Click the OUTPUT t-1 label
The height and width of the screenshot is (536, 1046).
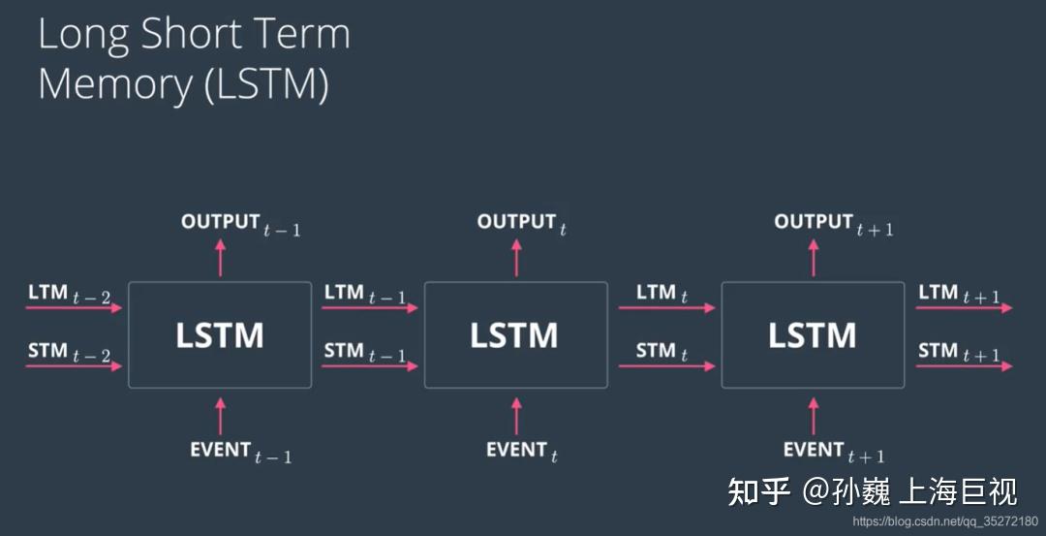click(240, 224)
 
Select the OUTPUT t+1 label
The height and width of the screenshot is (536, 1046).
click(834, 224)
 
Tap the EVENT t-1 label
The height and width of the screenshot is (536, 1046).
click(240, 452)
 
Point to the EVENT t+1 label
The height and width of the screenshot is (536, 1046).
click(834, 452)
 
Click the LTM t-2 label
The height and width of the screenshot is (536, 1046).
click(69, 294)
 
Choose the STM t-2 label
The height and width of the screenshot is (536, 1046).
click(69, 353)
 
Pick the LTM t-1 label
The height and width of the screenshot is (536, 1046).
click(365, 294)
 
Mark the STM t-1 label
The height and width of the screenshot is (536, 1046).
click(365, 353)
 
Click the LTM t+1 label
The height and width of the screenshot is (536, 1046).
click(959, 294)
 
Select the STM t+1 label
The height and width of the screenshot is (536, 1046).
click(959, 353)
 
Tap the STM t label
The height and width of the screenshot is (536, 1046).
click(661, 353)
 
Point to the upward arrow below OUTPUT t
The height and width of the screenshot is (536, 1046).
click(516, 258)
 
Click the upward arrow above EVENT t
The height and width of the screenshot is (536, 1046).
click(516, 416)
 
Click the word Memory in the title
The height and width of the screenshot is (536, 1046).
click(114, 84)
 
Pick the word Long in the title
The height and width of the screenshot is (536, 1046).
click(84, 35)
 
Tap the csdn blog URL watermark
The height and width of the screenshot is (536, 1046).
click(944, 521)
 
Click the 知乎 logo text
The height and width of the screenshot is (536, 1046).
click(758, 491)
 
